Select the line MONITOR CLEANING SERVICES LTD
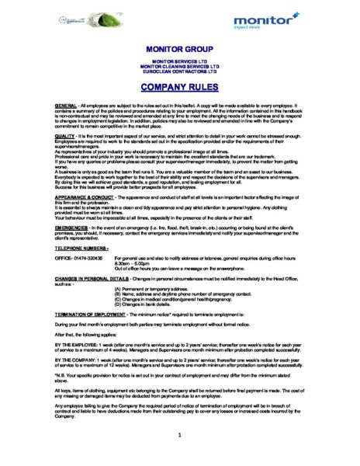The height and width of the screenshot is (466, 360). tap(179, 66)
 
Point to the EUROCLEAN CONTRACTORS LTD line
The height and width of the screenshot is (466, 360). tap(179, 71)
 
